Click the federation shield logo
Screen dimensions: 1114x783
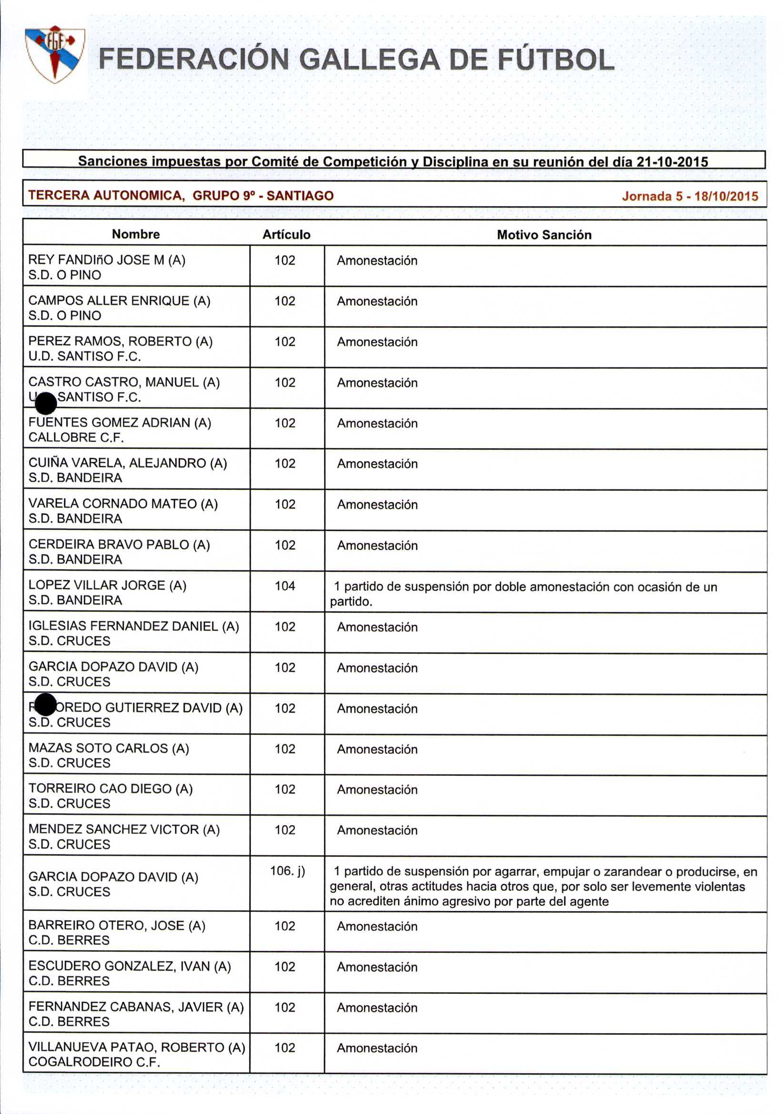[x=55, y=54]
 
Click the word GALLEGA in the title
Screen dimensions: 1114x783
[x=370, y=60]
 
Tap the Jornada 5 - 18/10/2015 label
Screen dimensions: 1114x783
[x=690, y=196]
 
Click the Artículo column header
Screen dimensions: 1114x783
[x=286, y=234]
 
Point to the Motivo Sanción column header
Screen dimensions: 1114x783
[x=544, y=235]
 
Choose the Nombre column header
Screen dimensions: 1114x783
[x=136, y=234]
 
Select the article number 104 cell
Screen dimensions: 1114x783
[x=285, y=586]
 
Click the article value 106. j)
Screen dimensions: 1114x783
[x=287, y=870]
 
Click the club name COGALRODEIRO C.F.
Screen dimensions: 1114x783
[x=94, y=1062]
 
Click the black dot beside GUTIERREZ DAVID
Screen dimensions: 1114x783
[x=46, y=704]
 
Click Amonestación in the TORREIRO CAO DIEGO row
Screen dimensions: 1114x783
[x=377, y=789]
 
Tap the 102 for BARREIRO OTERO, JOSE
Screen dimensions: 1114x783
[x=285, y=926]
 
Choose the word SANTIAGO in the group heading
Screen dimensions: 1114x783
[x=300, y=196]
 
